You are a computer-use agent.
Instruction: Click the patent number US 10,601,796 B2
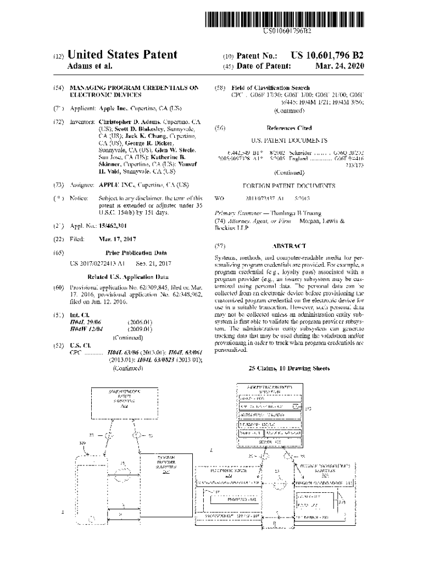[x=327, y=55]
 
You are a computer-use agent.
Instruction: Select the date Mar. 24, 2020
[x=340, y=66]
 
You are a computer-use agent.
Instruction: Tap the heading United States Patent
[x=122, y=54]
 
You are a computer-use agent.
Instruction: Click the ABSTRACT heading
[x=293, y=246]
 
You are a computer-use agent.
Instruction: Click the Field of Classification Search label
[x=270, y=88]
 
